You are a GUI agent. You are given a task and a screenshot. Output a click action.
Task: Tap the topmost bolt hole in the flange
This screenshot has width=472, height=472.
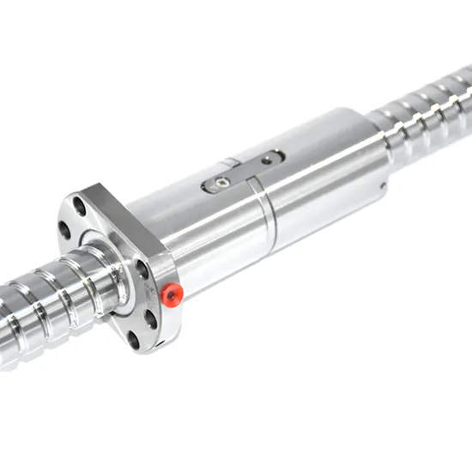[80, 206]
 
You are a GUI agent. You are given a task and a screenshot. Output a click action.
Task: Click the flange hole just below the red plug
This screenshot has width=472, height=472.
[152, 320]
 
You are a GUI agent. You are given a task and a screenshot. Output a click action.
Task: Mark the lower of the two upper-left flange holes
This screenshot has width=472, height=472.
[64, 229]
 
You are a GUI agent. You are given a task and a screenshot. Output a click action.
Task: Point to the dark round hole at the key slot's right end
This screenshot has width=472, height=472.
[269, 158]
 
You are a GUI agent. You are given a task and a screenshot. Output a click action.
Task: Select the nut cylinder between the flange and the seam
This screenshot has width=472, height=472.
[206, 232]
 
